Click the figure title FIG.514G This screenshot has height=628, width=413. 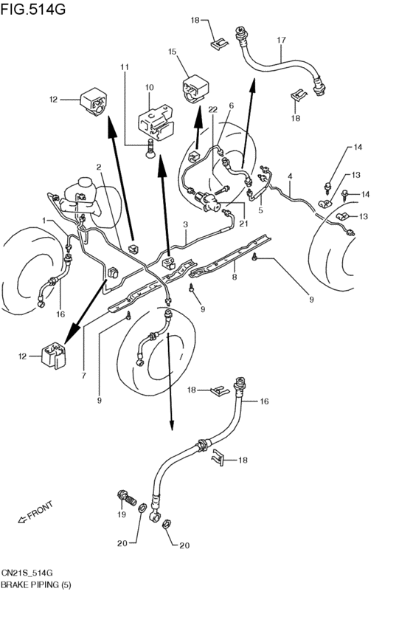[x=32, y=9]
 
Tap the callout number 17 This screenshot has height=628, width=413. [x=281, y=40]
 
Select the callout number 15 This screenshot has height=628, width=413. [x=172, y=52]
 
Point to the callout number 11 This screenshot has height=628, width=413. [x=125, y=67]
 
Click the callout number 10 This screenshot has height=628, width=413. [x=149, y=87]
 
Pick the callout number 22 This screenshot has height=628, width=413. [x=212, y=109]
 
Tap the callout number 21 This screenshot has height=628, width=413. [x=243, y=224]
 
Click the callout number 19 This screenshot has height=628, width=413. [x=122, y=514]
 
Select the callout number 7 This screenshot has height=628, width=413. [x=83, y=376]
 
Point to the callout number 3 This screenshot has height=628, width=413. [x=186, y=224]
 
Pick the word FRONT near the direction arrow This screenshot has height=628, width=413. [x=40, y=510]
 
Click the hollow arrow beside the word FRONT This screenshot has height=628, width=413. [x=22, y=520]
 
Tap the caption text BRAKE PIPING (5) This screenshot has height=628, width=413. [x=35, y=585]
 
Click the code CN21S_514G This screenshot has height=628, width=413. [x=27, y=573]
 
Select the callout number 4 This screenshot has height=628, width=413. [x=290, y=176]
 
